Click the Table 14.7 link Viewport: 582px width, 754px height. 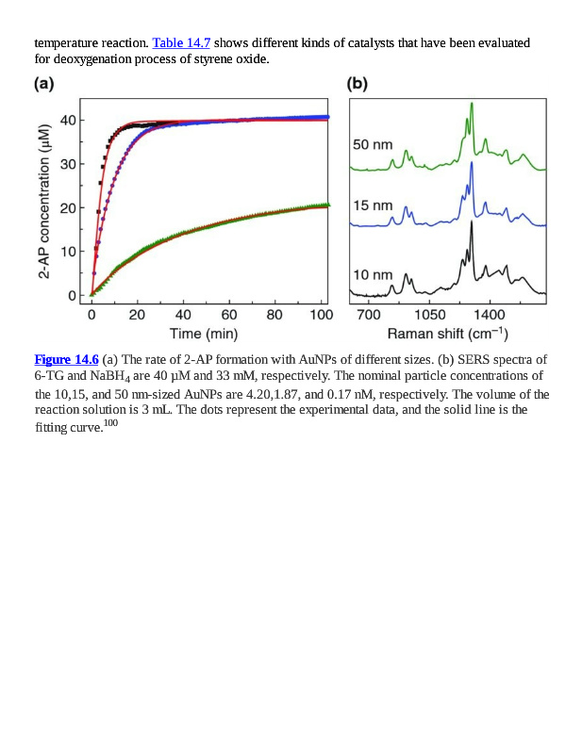[x=181, y=43]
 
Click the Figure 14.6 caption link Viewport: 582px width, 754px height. [x=66, y=359]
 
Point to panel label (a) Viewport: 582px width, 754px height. [x=43, y=83]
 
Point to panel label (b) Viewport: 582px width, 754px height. [x=357, y=83]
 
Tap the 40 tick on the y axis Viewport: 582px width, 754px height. [x=68, y=120]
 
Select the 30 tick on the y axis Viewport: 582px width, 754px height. [x=68, y=164]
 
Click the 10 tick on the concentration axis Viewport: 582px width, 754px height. [x=68, y=252]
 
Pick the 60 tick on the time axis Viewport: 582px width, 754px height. [x=228, y=314]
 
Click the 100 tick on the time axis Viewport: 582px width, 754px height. [x=321, y=314]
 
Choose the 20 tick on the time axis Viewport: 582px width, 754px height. [x=137, y=314]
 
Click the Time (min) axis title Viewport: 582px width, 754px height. [x=204, y=334]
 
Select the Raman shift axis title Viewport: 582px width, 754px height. [x=448, y=334]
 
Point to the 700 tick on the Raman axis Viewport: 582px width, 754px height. [x=369, y=314]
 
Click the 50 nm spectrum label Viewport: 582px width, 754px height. [x=373, y=145]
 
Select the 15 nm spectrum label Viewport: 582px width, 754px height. [x=373, y=205]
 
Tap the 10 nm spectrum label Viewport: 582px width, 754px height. [x=373, y=274]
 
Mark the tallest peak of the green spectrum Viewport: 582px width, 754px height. [x=471, y=105]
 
